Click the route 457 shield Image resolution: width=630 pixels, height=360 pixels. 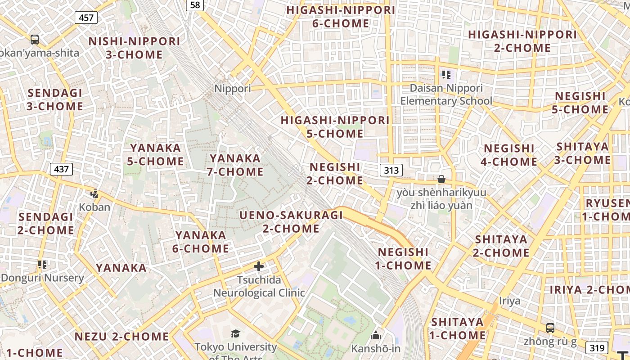[86, 18]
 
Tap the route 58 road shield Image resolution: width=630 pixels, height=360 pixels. [195, 4]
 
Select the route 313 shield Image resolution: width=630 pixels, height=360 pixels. [391, 170]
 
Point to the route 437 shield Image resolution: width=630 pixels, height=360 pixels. [61, 169]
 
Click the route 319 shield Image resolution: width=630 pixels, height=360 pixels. [597, 347]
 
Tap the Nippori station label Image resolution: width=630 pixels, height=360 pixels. [233, 89]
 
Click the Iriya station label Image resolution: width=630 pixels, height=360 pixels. [509, 301]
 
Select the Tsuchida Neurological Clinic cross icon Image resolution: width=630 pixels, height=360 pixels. [259, 266]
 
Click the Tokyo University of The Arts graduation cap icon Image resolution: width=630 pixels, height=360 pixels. [235, 333]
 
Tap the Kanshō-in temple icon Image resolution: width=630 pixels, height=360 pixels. [376, 335]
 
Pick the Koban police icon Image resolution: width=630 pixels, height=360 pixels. [94, 194]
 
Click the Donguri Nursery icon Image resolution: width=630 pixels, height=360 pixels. [42, 264]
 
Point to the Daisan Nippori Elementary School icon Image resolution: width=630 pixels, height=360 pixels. [446, 74]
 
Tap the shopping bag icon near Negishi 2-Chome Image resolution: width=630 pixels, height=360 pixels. [441, 179]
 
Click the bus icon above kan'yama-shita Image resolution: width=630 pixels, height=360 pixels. [35, 40]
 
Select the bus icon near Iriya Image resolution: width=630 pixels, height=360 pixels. [550, 328]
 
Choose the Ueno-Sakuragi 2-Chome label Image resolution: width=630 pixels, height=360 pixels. [291, 222]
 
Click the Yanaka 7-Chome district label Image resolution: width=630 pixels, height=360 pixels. [235, 165]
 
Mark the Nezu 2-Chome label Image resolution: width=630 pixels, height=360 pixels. [121, 337]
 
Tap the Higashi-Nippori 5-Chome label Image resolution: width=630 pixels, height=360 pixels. [335, 127]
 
